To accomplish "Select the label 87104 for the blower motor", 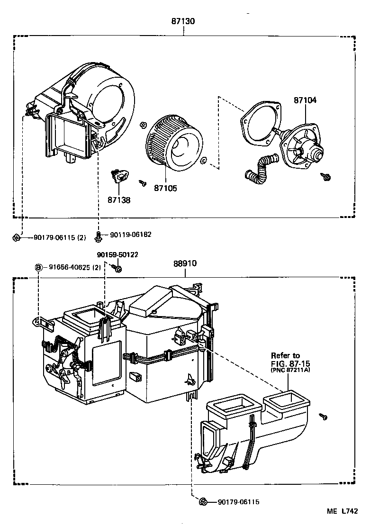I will point(305,100).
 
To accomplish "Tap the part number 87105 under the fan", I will point(165,188).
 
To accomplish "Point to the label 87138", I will point(118,200).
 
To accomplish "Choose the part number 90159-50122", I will point(117,254).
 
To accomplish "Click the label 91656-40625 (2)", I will point(75,267).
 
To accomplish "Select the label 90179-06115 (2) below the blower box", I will point(60,237).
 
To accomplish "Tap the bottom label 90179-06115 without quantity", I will point(238,502).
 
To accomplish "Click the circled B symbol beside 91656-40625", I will point(38,267).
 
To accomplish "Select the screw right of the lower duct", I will point(323,416).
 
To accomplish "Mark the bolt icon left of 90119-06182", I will point(99,235).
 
